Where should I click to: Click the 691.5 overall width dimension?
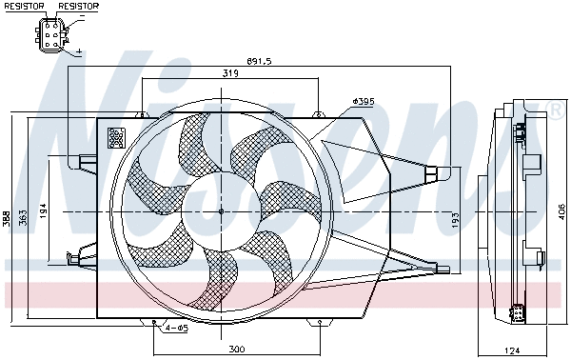260,61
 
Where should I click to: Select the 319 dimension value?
231,72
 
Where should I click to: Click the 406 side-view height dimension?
562,211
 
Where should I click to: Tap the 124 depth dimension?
513,350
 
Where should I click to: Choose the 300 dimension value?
237,350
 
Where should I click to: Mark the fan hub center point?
221,211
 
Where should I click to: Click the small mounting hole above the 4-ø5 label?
155,323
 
